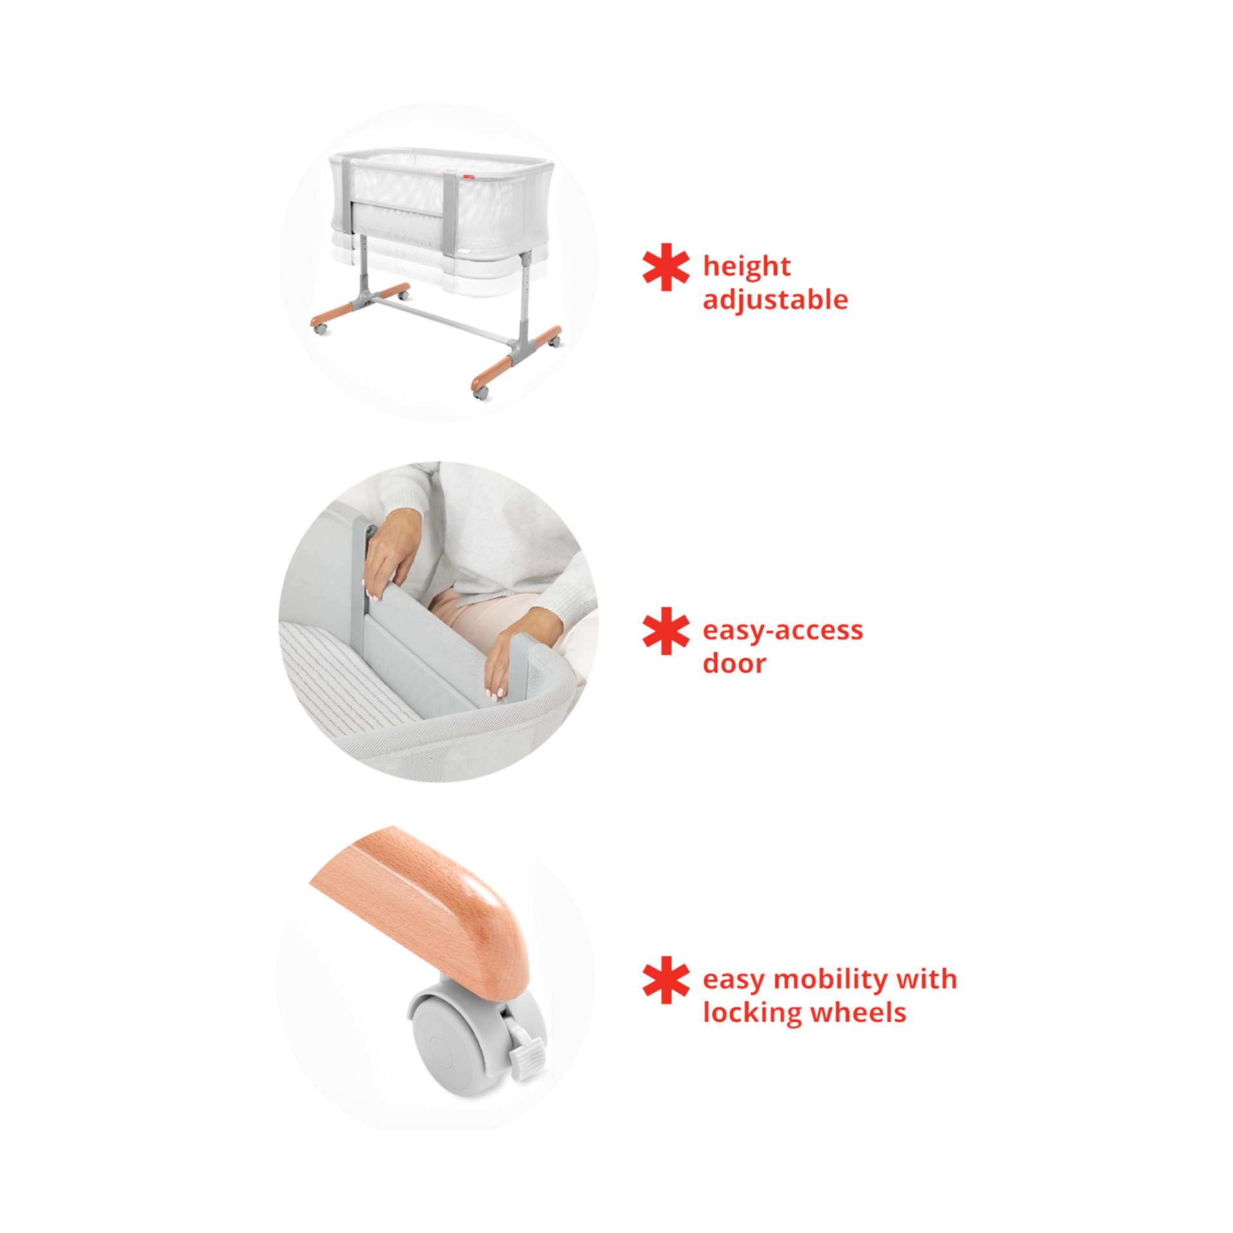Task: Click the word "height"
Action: point(746,267)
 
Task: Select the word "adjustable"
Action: point(775,301)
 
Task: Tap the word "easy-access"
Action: point(783,631)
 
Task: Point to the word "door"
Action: point(734,664)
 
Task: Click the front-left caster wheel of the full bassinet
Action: point(320,328)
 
